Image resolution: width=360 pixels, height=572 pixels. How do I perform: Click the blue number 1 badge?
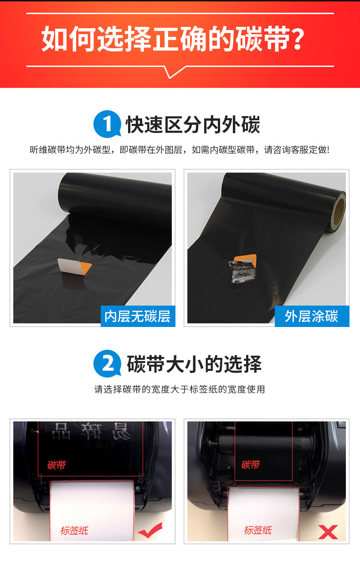(x=107, y=124)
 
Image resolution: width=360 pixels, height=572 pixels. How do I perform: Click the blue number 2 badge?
(x=107, y=363)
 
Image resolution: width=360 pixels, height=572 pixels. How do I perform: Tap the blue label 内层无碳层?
(x=138, y=316)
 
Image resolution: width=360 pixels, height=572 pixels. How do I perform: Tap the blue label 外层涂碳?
(x=312, y=316)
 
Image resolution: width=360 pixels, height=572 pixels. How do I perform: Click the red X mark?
(x=328, y=532)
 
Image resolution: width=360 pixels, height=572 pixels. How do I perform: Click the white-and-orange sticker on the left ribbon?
(x=74, y=267)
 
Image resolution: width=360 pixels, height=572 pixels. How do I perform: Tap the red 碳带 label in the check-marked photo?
(x=57, y=465)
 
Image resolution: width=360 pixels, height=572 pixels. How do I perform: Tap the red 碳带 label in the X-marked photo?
(x=251, y=465)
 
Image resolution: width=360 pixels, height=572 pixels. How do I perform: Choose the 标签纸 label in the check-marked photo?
(x=74, y=531)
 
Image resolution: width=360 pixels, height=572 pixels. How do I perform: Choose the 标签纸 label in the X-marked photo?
(x=258, y=530)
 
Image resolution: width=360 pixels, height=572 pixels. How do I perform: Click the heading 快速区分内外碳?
(x=193, y=125)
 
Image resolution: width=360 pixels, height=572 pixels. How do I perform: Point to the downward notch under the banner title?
(x=170, y=75)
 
